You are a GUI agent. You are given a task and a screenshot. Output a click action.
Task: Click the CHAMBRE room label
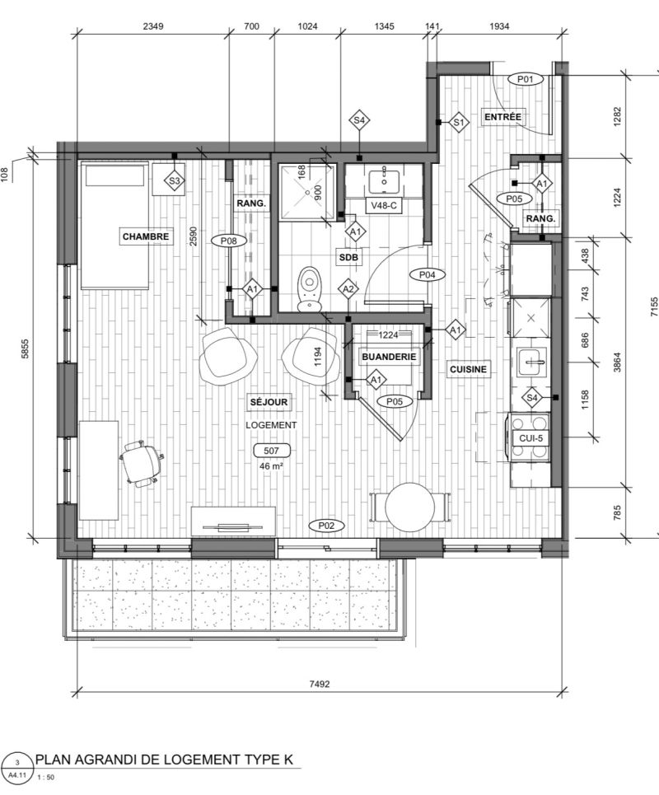(146, 236)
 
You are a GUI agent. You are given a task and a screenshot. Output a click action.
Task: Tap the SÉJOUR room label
(269, 402)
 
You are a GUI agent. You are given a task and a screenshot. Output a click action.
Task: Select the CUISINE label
(468, 369)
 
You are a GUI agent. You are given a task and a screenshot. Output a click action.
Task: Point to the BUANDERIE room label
(389, 357)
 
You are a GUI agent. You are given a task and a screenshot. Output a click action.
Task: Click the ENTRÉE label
(502, 117)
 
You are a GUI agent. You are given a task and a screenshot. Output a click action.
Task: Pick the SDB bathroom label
(348, 258)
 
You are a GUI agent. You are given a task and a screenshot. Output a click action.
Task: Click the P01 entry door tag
(526, 79)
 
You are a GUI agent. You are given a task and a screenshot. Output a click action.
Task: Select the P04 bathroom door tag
(428, 275)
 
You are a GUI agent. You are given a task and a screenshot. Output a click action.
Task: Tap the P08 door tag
(229, 241)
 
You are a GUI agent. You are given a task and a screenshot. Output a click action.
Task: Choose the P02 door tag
(326, 526)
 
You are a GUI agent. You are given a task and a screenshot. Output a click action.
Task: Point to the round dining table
(409, 507)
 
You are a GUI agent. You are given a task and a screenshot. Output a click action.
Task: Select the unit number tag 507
(271, 451)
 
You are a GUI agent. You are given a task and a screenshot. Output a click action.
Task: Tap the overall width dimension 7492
(320, 684)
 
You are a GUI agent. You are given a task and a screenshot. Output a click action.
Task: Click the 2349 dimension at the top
(152, 26)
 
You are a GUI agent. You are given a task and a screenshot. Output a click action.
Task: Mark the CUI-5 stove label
(530, 438)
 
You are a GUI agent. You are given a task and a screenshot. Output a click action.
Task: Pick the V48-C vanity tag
(384, 206)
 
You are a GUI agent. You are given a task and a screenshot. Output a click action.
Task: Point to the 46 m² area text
(271, 466)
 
